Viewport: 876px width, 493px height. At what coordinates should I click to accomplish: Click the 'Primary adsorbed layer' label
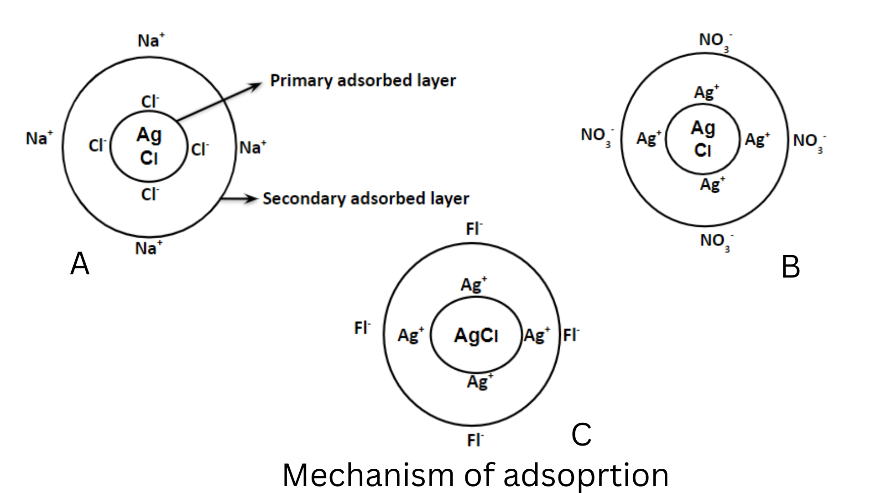(x=363, y=81)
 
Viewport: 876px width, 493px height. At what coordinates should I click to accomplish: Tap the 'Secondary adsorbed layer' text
(x=365, y=199)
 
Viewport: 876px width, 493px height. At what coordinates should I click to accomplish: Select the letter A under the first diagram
(x=80, y=264)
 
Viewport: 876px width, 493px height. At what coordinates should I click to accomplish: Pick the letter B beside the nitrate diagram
(x=790, y=267)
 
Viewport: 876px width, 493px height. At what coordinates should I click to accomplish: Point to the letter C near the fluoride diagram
(x=581, y=434)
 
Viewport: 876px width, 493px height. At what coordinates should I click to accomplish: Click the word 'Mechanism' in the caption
(x=368, y=475)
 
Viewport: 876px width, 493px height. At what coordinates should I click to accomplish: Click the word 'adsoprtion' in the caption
(x=586, y=475)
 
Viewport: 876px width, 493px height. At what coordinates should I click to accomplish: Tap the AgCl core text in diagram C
(x=476, y=336)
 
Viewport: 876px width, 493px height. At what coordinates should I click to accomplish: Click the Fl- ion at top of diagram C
(x=474, y=228)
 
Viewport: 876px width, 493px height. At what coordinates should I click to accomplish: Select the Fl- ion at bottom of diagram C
(x=475, y=440)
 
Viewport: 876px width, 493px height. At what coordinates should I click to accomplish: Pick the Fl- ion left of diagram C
(x=362, y=327)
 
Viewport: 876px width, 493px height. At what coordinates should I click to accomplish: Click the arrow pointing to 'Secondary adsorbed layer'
(x=240, y=199)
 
